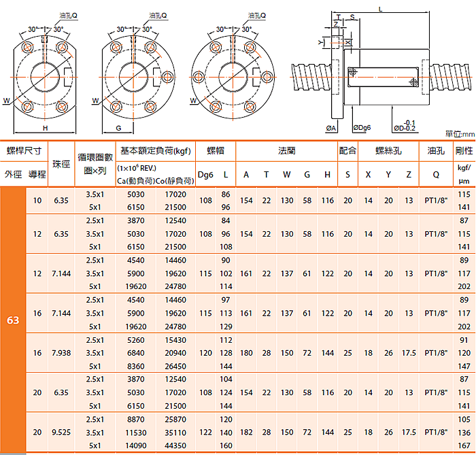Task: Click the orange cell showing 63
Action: [x=13, y=320]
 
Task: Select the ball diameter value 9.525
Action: [x=61, y=432]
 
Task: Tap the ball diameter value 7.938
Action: [x=61, y=353]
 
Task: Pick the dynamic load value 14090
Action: [x=136, y=445]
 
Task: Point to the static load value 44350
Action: [x=175, y=445]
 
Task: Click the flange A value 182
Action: [x=246, y=432]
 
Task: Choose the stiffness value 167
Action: [x=464, y=445]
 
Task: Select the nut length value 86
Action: [x=226, y=195]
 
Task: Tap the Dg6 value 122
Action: [x=205, y=432]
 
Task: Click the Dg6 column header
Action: [x=205, y=175]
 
